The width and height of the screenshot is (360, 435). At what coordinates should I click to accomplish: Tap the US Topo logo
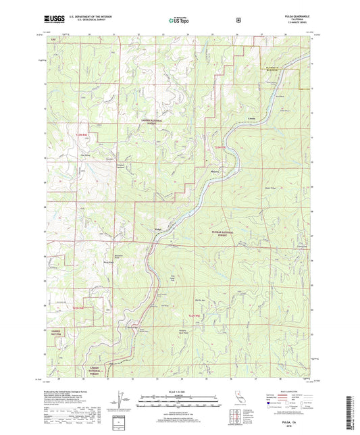point(179,21)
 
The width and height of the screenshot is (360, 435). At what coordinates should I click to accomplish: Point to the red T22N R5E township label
point(195,315)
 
